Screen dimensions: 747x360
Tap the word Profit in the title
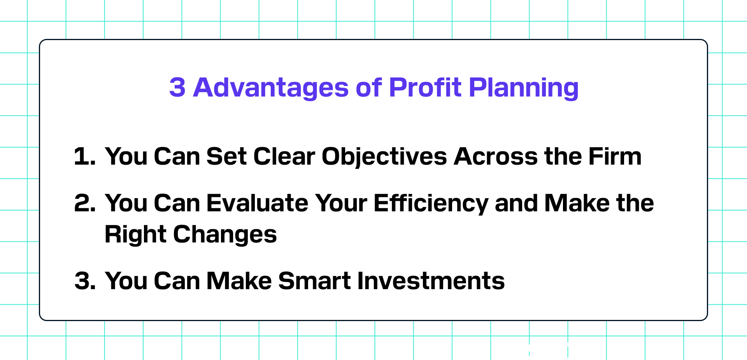pos(425,87)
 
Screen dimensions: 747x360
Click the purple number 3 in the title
pos(177,87)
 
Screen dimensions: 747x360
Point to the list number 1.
pos(84,156)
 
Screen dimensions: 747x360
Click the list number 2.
pos(85,203)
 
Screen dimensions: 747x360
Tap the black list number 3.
pos(85,281)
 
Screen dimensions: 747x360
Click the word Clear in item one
pos(284,156)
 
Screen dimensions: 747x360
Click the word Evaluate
pos(257,203)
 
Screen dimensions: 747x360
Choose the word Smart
pos(314,281)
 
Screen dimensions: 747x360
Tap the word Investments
pos(431,281)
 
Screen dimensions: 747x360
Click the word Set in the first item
pos(226,156)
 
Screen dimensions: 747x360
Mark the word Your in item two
pos(341,203)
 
